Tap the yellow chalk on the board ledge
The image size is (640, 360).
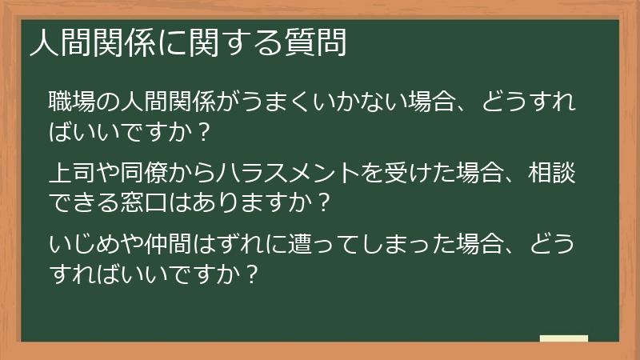point(563,338)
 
